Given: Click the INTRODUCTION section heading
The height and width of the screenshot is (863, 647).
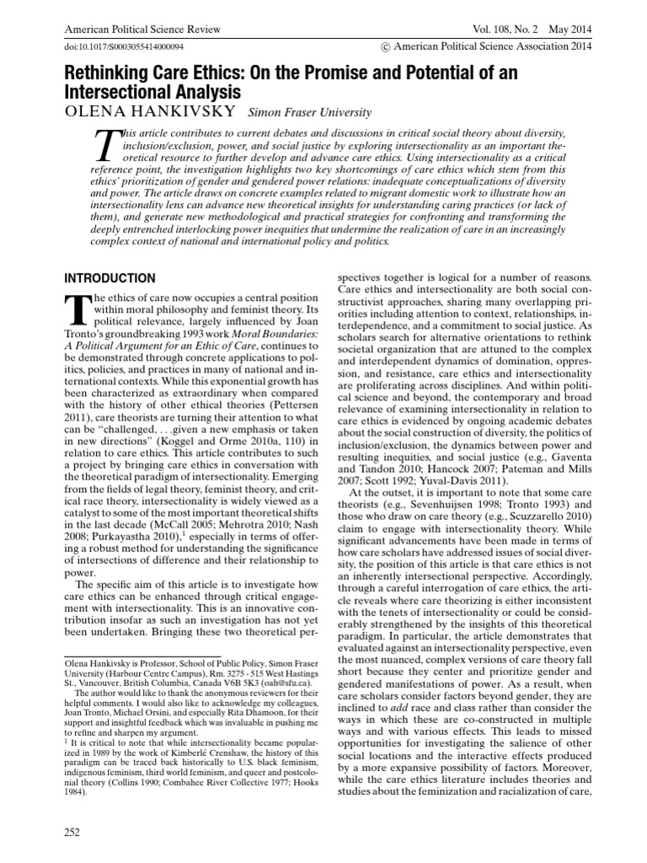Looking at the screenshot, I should pos(110,278).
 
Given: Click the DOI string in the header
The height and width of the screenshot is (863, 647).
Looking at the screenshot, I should pos(126,49).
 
